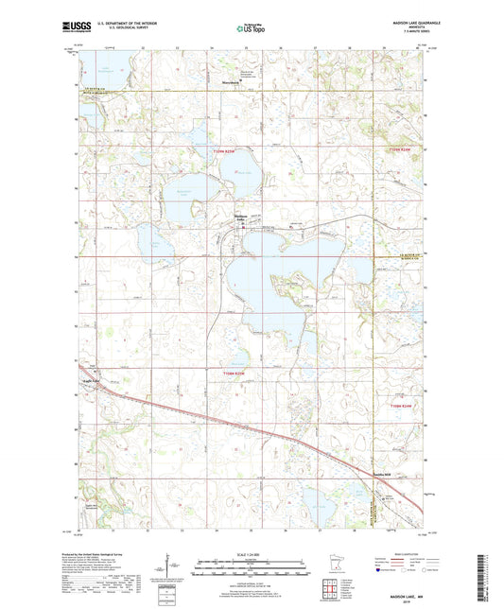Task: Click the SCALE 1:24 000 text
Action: pyautogui.click(x=250, y=554)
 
